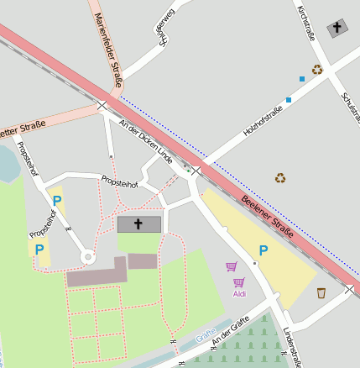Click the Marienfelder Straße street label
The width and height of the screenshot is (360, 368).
tap(109, 50)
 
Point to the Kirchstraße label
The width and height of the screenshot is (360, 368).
tap(305, 23)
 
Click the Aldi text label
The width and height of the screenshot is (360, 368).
tap(239, 293)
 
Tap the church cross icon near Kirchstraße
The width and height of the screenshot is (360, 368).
tap(337, 27)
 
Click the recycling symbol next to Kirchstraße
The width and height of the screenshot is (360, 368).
tap(317, 70)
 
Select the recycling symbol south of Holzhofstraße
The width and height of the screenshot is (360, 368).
tap(279, 177)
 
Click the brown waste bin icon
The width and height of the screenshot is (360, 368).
tap(321, 292)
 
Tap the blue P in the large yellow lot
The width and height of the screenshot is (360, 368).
tap(263, 250)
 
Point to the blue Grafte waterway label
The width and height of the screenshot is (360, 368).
tap(206, 336)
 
